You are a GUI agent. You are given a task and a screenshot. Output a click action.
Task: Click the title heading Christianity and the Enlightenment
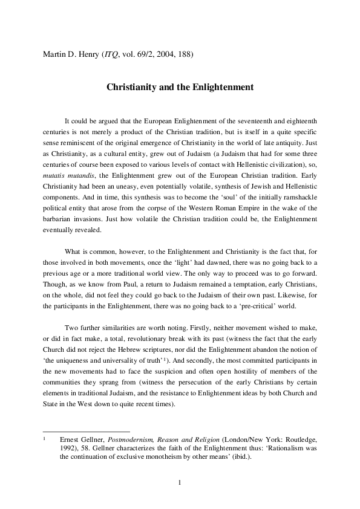[x=180, y=87]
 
